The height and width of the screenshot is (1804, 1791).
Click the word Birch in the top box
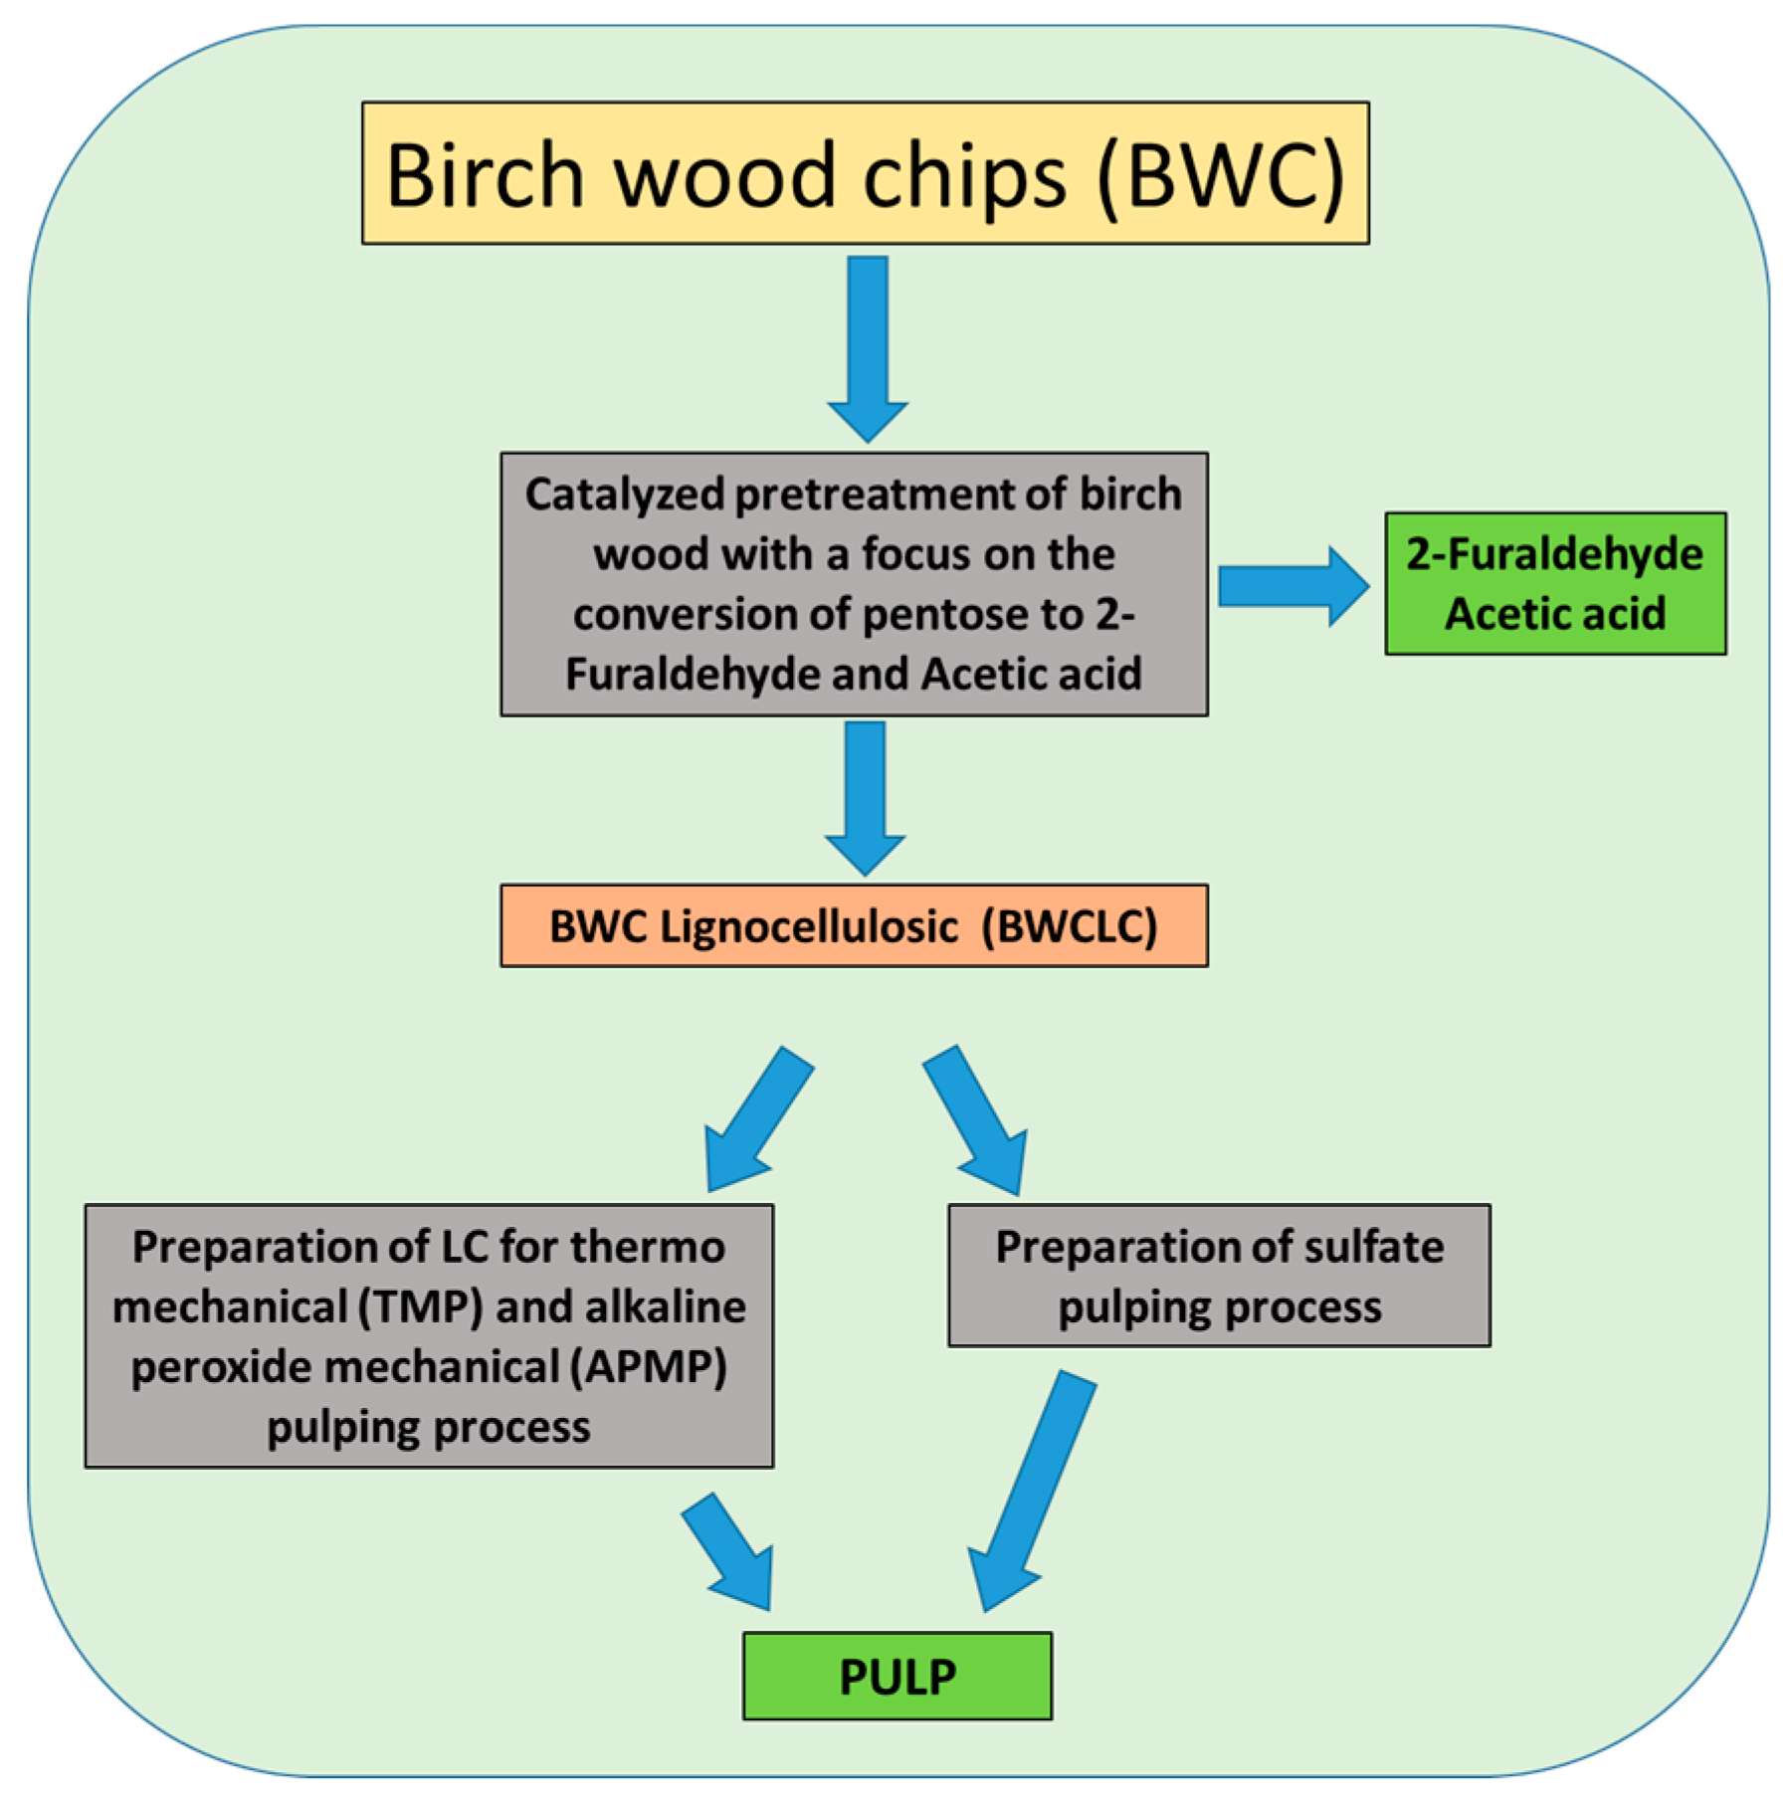[485, 175]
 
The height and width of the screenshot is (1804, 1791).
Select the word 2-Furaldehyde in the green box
[1554, 554]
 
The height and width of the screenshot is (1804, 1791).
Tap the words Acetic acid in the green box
[1554, 614]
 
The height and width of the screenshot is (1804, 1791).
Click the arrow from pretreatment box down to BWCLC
[865, 796]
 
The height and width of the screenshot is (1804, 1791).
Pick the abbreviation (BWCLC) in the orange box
[1070, 926]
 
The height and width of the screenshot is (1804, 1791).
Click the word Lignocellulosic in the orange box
[808, 926]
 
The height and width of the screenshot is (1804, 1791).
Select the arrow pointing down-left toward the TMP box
[756, 1119]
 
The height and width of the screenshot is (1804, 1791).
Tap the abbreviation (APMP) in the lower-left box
[648, 1366]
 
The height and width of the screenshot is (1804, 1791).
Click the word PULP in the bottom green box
[896, 1677]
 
